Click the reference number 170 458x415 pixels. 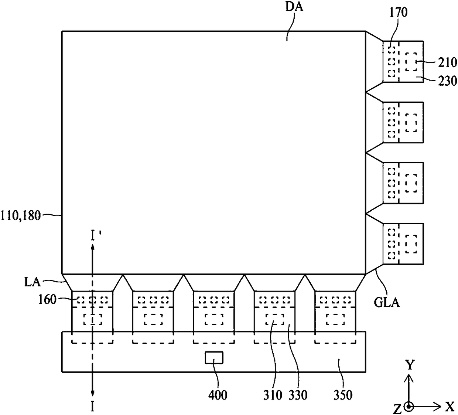pyautogui.click(x=399, y=12)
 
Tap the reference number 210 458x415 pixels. pyautogui.click(x=448, y=62)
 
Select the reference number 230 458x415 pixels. pyautogui.click(x=448, y=81)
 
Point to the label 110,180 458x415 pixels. pyautogui.click(x=21, y=215)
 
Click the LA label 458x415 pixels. pyautogui.click(x=33, y=282)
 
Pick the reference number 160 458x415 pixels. pyautogui.click(x=47, y=300)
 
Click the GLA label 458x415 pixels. pyautogui.click(x=387, y=303)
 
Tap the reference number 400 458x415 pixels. pyautogui.click(x=218, y=395)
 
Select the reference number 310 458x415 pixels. pyautogui.click(x=273, y=395)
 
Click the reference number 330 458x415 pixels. pyautogui.click(x=298, y=395)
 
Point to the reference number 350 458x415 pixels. pyautogui.click(x=343, y=395)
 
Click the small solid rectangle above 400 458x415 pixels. pyautogui.click(x=214, y=358)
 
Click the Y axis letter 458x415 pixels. pyautogui.click(x=410, y=365)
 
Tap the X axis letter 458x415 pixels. pyautogui.click(x=450, y=407)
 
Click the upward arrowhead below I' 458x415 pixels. pyautogui.click(x=92, y=248)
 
